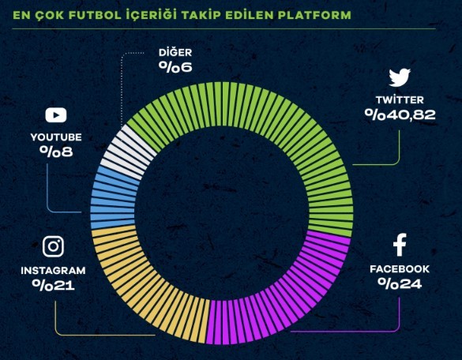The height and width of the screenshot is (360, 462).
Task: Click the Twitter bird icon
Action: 400,77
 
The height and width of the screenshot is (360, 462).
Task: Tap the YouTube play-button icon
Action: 55,115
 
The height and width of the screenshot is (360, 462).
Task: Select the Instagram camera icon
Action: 53,246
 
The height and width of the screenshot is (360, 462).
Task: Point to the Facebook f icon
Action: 400,246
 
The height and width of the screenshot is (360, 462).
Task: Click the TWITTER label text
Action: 400,100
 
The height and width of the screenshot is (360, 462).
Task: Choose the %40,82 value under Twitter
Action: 400,114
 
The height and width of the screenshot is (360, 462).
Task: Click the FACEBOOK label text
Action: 400,269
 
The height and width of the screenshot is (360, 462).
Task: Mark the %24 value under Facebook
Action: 400,283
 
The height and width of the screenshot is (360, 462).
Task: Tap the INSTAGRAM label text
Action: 53,270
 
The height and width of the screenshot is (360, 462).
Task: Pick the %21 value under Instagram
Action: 53,284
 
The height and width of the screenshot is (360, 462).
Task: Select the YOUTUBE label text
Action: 56,137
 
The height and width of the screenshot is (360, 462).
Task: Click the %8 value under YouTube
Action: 56,151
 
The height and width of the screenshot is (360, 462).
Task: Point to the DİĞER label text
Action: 175,52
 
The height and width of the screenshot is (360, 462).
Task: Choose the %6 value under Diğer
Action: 175,66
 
